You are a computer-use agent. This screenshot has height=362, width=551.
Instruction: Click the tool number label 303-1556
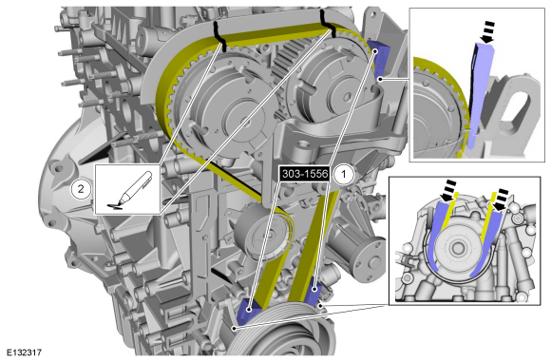(304, 174)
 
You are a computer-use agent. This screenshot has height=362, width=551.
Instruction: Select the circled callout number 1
(343, 174)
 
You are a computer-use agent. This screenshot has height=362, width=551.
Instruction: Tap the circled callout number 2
(81, 189)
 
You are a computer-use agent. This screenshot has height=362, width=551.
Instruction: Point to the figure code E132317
(25, 352)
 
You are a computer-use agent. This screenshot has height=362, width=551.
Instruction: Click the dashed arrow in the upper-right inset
(488, 32)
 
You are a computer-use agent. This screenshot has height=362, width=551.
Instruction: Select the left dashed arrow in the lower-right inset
(448, 190)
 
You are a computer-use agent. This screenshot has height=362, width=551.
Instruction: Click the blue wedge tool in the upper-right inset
(480, 95)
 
